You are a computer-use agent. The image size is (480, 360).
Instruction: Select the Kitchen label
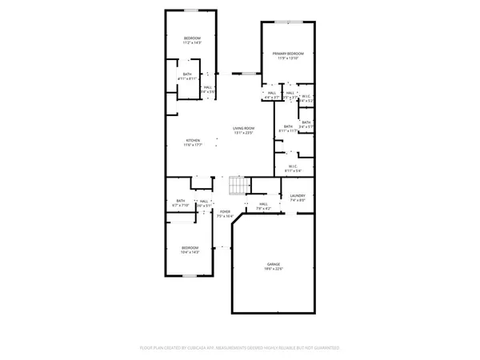coord(193,140)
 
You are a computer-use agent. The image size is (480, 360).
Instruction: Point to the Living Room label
coord(243,128)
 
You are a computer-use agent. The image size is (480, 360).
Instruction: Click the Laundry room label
coord(297,195)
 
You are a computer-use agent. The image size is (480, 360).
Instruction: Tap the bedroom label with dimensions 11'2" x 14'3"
coord(192,38)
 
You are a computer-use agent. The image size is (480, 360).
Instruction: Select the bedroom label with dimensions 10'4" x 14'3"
coord(190,247)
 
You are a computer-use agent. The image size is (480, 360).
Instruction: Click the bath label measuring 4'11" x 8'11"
coord(186,74)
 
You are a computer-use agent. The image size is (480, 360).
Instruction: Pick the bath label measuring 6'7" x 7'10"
coord(181,201)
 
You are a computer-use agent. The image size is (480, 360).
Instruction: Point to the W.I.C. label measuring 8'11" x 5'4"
coord(292,166)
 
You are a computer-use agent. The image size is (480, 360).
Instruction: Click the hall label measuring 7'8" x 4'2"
coord(263,204)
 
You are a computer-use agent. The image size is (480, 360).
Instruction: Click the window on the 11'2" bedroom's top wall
coord(192,12)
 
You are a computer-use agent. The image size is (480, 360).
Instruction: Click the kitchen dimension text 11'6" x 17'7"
coord(193,146)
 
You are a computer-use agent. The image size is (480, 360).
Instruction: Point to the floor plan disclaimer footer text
coord(240,348)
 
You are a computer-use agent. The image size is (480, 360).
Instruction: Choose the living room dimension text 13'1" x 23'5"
coord(243,134)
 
